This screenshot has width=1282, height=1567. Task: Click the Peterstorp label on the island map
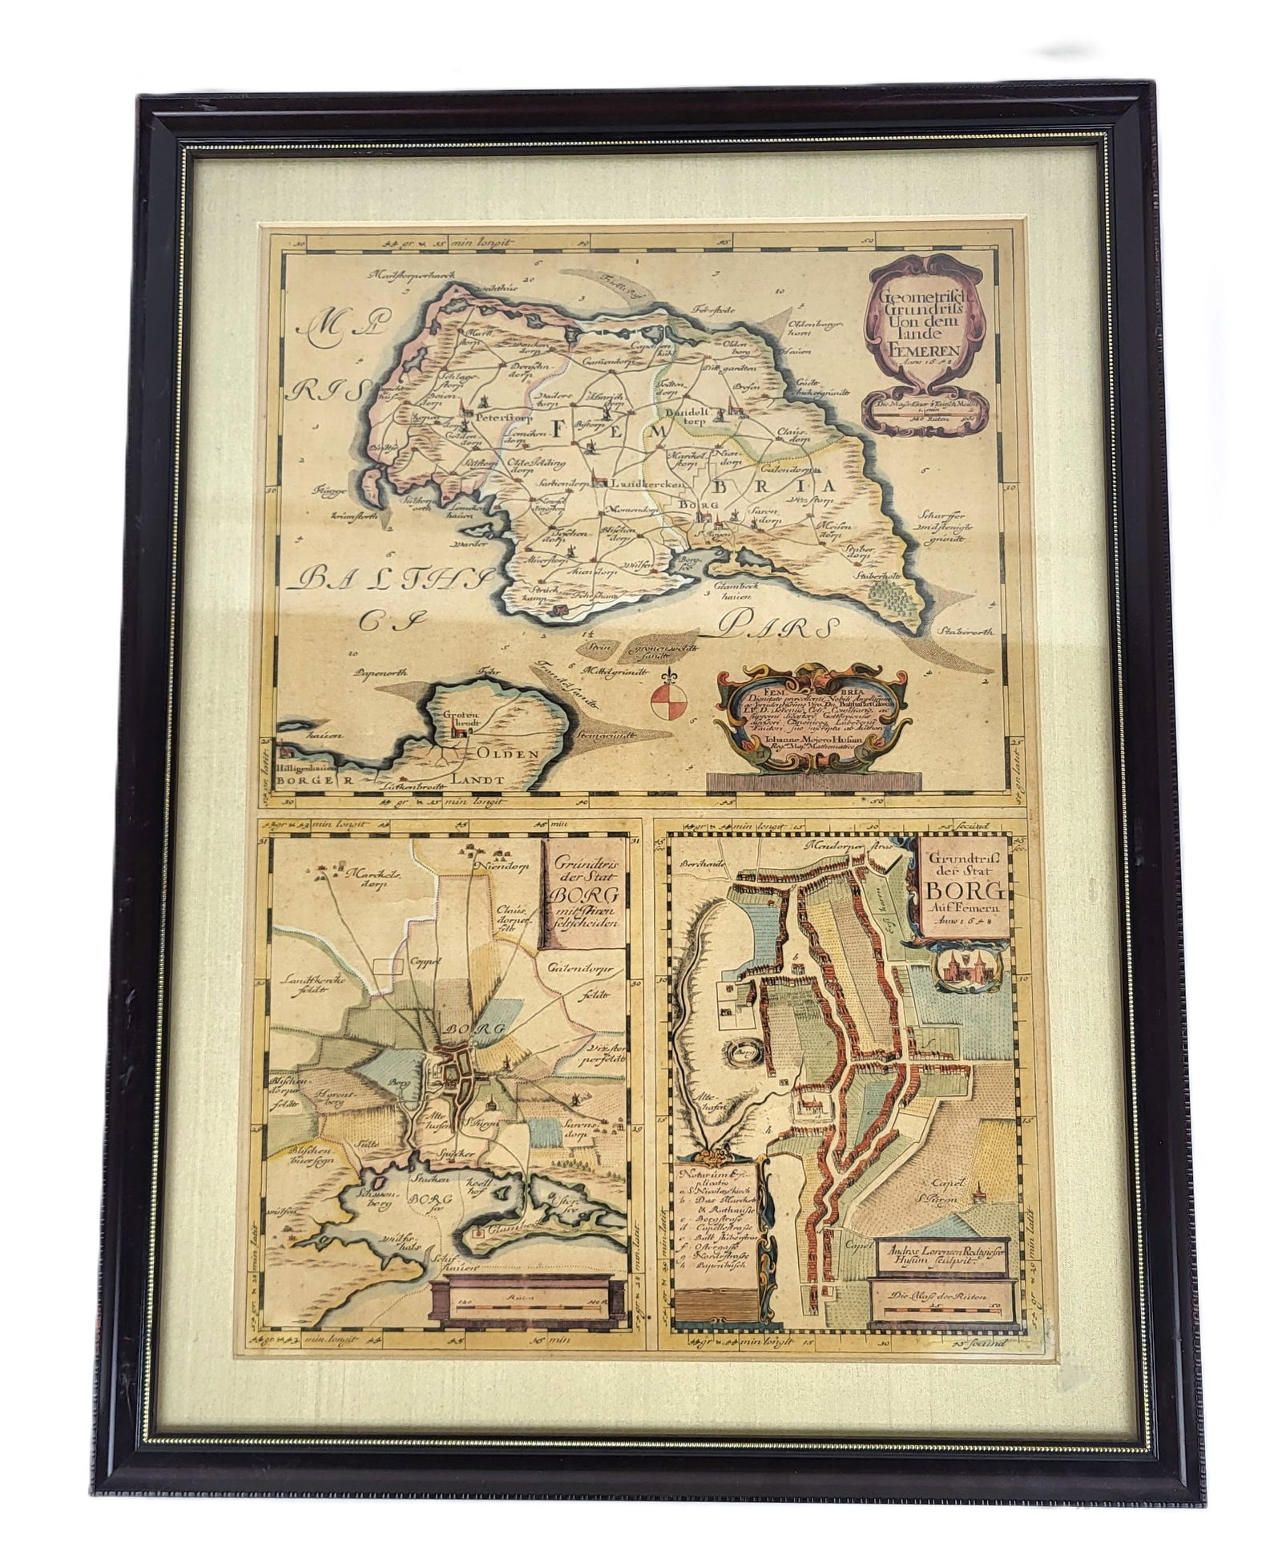(498, 418)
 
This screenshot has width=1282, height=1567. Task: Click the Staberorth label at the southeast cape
(969, 631)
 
